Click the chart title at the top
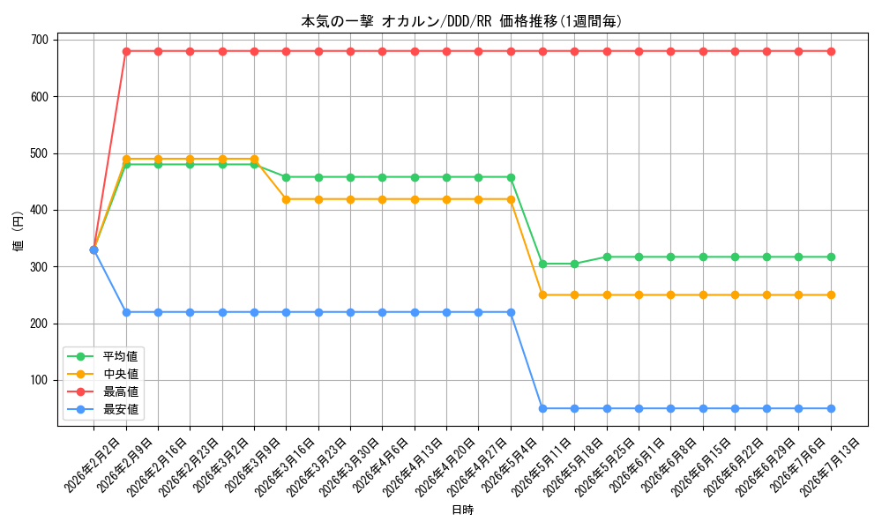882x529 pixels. click(461, 21)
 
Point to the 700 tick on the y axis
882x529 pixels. click(40, 40)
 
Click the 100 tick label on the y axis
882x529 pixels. click(40, 381)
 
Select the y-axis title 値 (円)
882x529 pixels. click(19, 231)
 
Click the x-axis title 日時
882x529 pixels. click(462, 510)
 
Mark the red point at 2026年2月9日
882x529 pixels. click(126, 51)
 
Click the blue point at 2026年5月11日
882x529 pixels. click(542, 409)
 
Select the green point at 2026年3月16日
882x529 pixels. click(286, 177)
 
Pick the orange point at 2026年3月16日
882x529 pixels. click(286, 199)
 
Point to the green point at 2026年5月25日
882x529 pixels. click(607, 257)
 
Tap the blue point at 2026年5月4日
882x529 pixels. click(511, 313)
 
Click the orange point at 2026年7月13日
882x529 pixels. click(831, 295)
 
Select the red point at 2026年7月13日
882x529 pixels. click(831, 51)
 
